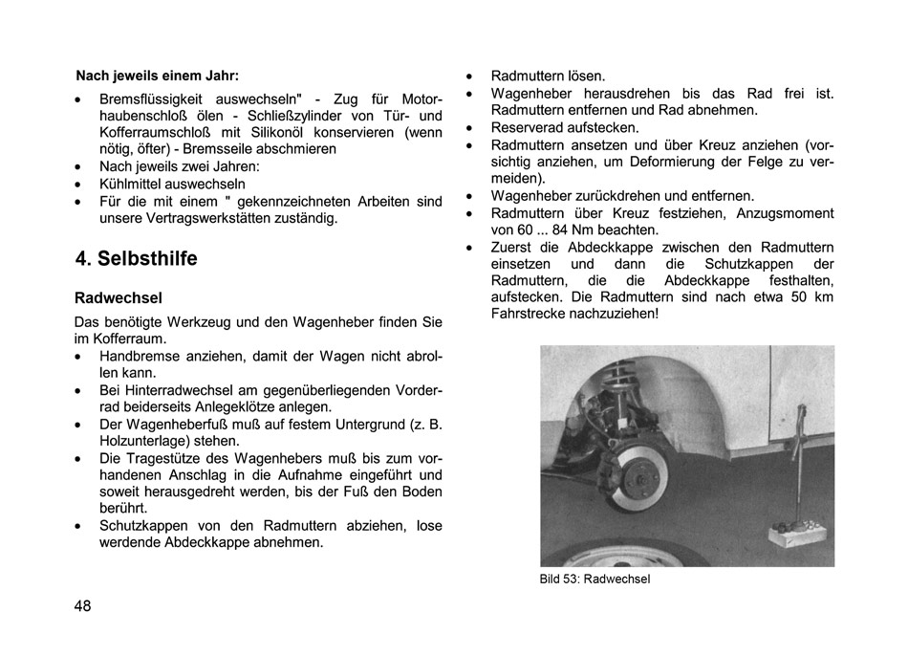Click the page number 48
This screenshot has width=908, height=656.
point(83,605)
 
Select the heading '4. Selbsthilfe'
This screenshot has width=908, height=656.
point(137,259)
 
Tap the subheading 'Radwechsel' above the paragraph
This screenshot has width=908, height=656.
point(119,297)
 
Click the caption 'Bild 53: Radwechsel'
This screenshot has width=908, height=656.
point(595,579)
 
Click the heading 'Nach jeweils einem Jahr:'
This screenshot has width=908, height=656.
point(158,75)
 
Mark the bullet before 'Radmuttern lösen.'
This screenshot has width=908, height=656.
point(470,77)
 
